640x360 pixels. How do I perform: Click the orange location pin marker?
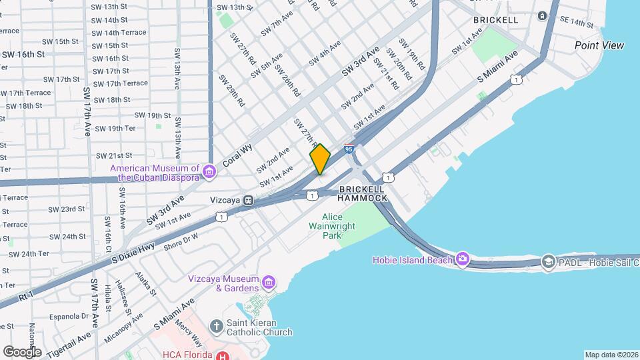320,159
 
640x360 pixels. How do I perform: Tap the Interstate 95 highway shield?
349,149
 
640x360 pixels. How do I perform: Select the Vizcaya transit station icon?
248,199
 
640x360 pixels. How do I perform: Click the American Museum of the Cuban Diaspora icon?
209,173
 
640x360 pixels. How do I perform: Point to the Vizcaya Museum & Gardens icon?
268,283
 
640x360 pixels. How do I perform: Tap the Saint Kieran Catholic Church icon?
216,327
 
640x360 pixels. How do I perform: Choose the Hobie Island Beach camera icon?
463,259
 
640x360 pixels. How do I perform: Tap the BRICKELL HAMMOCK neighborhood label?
363,193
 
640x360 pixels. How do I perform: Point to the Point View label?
599,45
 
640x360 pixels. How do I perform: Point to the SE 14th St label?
577,23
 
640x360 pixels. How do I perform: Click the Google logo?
21,351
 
